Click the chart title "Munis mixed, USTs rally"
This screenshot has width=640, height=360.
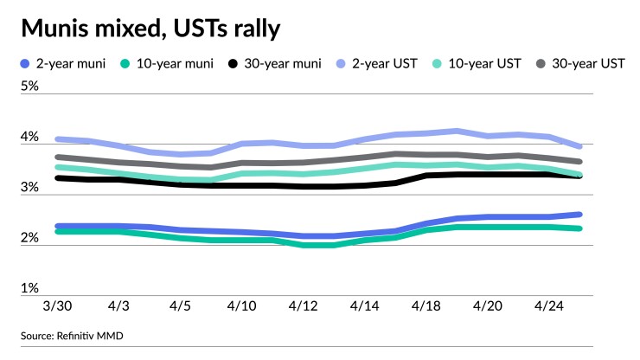[150, 29]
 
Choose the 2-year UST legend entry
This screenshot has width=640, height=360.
[378, 64]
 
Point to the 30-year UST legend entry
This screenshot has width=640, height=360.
[579, 64]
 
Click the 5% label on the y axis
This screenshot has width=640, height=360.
[30, 87]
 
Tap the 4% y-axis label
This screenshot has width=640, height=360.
[30, 138]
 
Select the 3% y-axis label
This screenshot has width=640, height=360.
[30, 188]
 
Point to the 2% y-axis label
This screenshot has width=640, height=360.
[30, 238]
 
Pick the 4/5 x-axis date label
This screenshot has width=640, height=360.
[181, 307]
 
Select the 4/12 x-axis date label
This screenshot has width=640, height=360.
[303, 307]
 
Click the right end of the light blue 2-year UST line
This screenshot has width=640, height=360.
[579, 146]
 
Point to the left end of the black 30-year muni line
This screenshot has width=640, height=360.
[58, 178]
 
